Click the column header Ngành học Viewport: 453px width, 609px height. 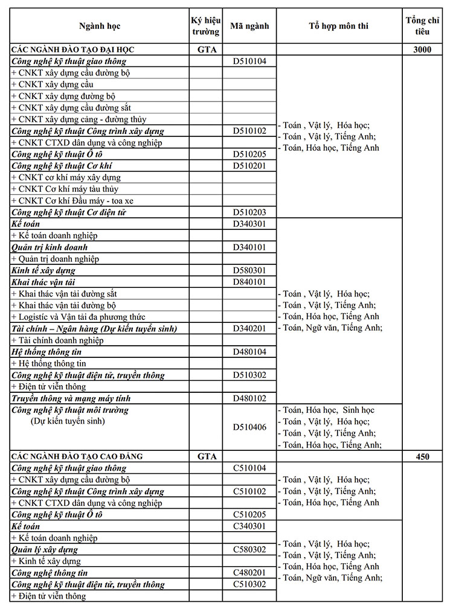click(100, 26)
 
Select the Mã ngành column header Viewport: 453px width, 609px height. click(249, 26)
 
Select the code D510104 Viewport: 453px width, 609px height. click(249, 61)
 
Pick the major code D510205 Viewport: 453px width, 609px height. click(249, 154)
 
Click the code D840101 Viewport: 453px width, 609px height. click(249, 282)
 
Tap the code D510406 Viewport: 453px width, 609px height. click(249, 427)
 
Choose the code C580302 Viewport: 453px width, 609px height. click(249, 549)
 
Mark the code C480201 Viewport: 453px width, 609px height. click(249, 572)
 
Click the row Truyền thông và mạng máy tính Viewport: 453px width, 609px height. click(71, 398)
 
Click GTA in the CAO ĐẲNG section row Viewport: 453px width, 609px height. click(207, 456)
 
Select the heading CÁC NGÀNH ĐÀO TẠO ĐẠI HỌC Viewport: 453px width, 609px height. click(72, 49)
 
